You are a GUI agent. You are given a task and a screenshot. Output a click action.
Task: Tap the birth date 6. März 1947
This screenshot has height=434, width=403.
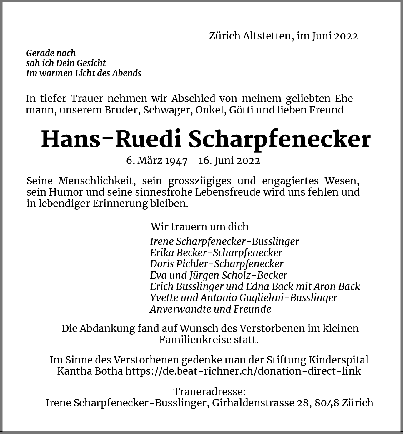[x=157, y=161]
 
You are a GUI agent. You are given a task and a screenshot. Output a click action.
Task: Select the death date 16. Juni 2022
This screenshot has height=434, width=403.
[x=229, y=161]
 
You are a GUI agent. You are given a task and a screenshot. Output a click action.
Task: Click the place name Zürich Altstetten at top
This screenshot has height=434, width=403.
[x=250, y=36]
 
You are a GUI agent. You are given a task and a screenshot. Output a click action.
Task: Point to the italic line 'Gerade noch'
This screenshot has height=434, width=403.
[x=51, y=53]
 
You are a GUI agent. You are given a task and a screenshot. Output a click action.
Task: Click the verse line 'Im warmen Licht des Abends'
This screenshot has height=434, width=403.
[x=84, y=73]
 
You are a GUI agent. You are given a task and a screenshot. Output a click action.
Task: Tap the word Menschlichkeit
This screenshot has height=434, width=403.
[x=97, y=181]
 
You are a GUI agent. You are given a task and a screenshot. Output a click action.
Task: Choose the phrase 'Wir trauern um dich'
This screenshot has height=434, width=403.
[x=199, y=227]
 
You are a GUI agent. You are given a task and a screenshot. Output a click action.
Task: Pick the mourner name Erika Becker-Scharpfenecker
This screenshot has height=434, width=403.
[x=216, y=253]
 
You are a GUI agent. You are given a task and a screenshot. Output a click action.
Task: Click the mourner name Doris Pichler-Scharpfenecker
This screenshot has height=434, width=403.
[x=217, y=264]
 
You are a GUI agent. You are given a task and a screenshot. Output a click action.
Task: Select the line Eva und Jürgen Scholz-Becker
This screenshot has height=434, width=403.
[x=218, y=275]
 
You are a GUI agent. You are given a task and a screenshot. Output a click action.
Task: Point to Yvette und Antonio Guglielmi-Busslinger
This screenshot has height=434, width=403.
[x=243, y=298]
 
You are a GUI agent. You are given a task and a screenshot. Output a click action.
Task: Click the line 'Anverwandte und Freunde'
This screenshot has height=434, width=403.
[x=210, y=309]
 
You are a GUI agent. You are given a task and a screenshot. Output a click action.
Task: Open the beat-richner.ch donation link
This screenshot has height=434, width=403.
[x=243, y=371]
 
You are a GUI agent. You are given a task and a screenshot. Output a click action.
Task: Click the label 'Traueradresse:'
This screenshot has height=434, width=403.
[x=209, y=392]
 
